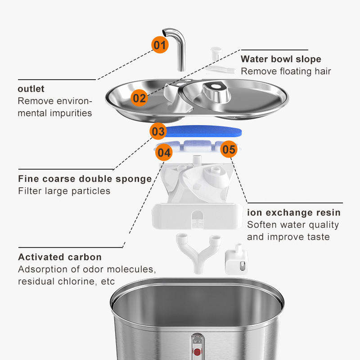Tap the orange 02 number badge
click(x=139, y=98)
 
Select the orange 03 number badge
click(x=158, y=131)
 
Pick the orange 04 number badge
click(x=164, y=153)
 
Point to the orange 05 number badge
click(x=229, y=149)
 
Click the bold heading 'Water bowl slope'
click(x=281, y=59)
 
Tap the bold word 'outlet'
click(x=31, y=89)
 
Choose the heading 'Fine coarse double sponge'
click(x=85, y=179)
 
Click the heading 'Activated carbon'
click(x=60, y=257)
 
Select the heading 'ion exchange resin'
click(x=294, y=212)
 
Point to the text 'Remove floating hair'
click(x=286, y=71)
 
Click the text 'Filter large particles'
click(x=64, y=191)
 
